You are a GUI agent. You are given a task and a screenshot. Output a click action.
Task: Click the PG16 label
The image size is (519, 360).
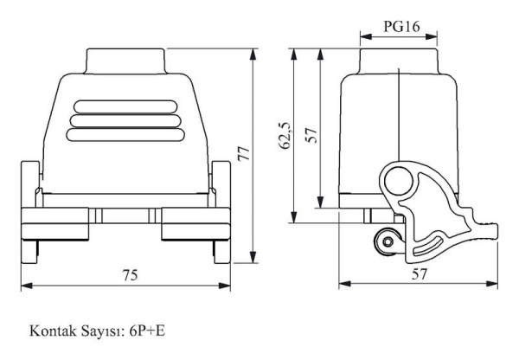[x=401, y=27]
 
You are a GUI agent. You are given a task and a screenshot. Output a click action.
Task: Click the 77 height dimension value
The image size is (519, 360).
[x=244, y=153]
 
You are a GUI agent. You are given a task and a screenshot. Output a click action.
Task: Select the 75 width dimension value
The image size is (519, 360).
[x=130, y=275]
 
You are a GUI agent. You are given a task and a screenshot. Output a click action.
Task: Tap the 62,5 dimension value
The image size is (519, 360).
[x=285, y=136]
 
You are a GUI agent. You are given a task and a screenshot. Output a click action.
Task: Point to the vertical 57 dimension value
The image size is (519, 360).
[x=311, y=135]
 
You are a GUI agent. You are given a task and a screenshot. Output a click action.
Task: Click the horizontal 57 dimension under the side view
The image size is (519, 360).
[x=419, y=273]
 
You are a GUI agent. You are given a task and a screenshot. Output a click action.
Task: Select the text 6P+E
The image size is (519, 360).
[x=147, y=331]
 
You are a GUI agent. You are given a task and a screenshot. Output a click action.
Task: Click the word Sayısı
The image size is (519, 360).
[x=103, y=331]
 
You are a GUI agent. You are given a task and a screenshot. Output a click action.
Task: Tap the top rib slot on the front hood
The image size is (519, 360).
[x=125, y=106]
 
